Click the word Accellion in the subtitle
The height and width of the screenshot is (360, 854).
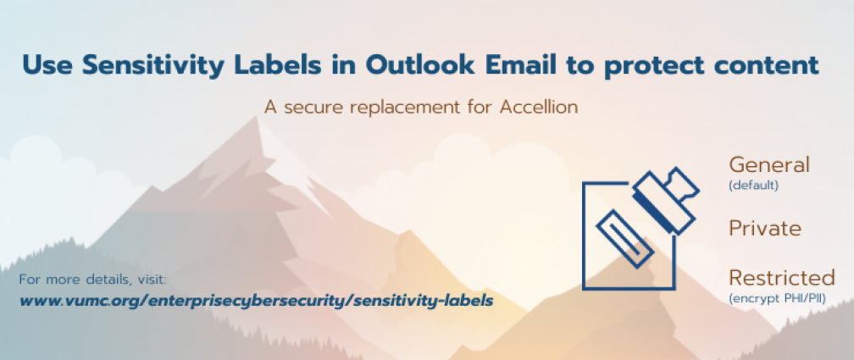click(538, 107)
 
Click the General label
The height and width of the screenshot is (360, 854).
click(769, 164)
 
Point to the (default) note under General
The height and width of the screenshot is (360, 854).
click(753, 186)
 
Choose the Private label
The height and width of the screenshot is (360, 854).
click(765, 229)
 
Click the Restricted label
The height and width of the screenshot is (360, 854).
click(781, 279)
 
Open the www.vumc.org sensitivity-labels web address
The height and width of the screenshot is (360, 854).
click(256, 300)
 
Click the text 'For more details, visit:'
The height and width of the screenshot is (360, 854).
click(92, 280)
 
